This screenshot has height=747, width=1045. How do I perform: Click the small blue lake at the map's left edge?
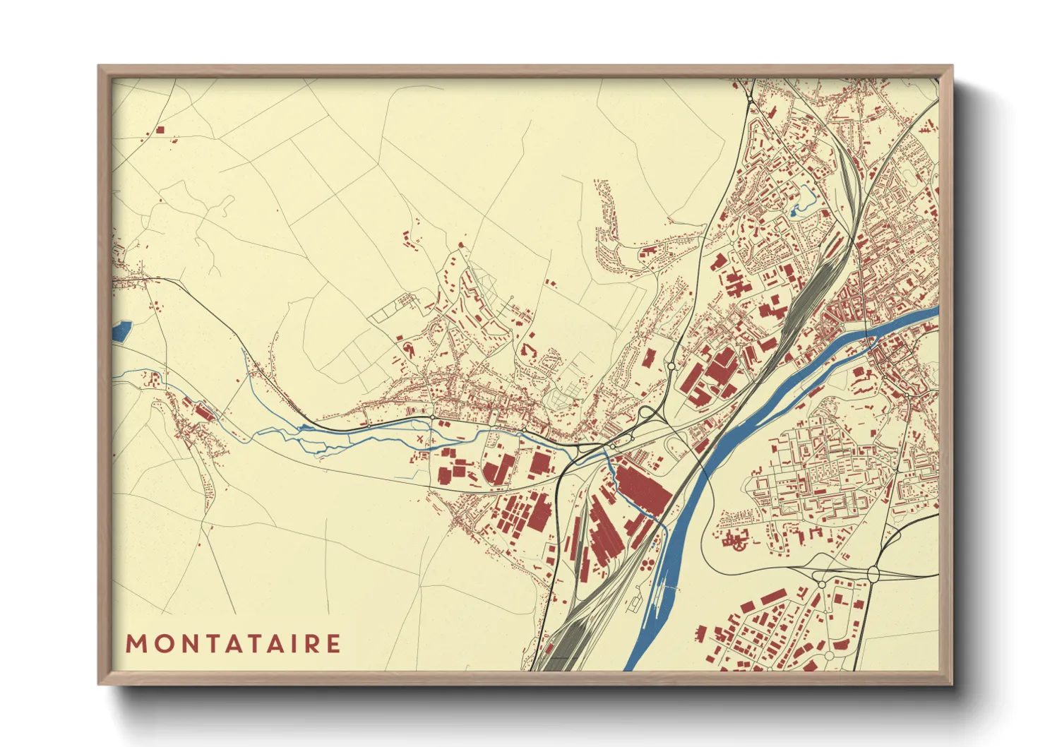click(121, 330)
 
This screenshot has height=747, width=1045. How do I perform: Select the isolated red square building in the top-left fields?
click(160, 130)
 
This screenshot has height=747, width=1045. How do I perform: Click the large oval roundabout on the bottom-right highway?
click(873, 574)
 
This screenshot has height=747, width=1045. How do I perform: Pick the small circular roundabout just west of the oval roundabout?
click(821, 584)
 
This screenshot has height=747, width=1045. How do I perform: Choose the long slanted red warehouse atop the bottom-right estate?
click(763, 601)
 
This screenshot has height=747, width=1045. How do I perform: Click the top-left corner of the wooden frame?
click(100, 68)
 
